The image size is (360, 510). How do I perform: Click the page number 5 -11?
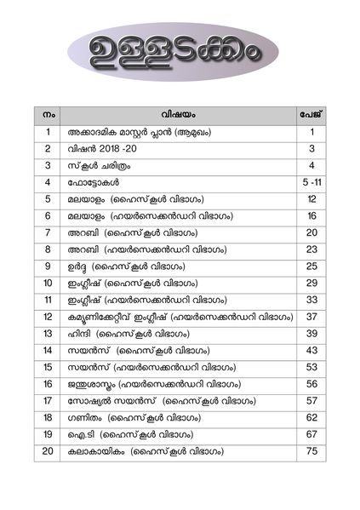pos(312,183)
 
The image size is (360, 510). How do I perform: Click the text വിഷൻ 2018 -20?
pos(103,149)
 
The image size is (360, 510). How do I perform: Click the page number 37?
pos(312,317)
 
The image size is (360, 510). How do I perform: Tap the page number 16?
pos(312,216)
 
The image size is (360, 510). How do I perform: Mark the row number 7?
pos(49,233)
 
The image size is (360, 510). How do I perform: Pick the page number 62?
pos(312,417)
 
